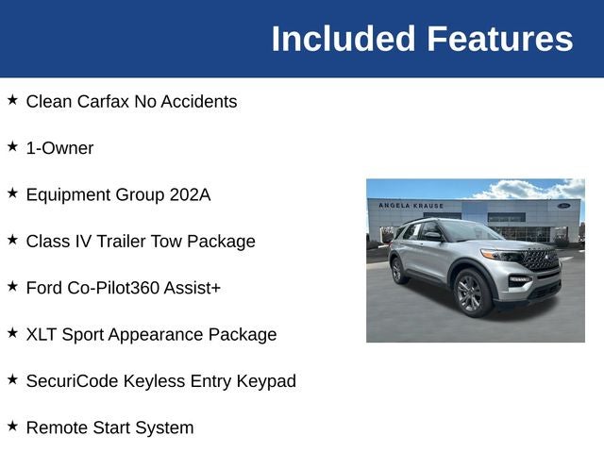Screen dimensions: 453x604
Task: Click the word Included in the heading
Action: pos(344,39)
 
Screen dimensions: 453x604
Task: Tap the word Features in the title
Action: pos(499,39)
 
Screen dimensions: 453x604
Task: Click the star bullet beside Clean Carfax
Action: pos(12,100)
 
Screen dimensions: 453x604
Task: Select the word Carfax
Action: pos(105,101)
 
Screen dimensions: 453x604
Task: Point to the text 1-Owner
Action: pos(59,148)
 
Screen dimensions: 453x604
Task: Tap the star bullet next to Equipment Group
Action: pos(12,193)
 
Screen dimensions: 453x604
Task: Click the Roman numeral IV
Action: pos(82,241)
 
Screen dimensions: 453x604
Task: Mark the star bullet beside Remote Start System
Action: pos(12,427)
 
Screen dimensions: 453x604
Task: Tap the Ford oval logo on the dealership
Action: pos(563,205)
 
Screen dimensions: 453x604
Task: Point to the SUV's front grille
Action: pos(542,259)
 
